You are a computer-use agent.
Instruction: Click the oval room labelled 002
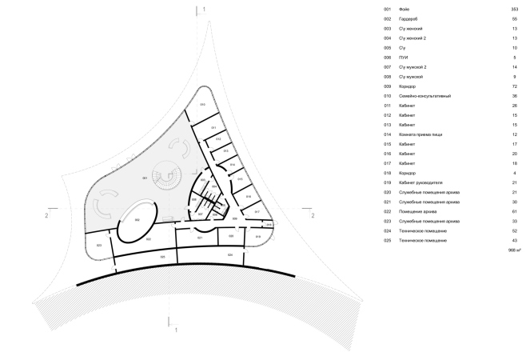(x=137, y=219)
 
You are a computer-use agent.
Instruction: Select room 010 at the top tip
(x=203, y=106)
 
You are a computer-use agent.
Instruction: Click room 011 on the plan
(x=214, y=127)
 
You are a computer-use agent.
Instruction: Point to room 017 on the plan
(x=257, y=211)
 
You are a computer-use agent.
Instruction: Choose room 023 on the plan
(x=99, y=245)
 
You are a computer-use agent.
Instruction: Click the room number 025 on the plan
(x=162, y=257)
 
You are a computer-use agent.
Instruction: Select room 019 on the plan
(x=257, y=237)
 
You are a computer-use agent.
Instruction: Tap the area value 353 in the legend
(x=514, y=9)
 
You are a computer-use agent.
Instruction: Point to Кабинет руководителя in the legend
(x=420, y=182)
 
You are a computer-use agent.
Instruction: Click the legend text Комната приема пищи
(x=421, y=134)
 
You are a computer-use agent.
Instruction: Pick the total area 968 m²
(x=513, y=250)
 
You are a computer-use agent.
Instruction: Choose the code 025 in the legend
(x=387, y=241)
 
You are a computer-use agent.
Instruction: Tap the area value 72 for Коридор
(x=515, y=86)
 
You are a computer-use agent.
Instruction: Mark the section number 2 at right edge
(x=313, y=215)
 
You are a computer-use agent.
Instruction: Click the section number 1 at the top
(x=205, y=8)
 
